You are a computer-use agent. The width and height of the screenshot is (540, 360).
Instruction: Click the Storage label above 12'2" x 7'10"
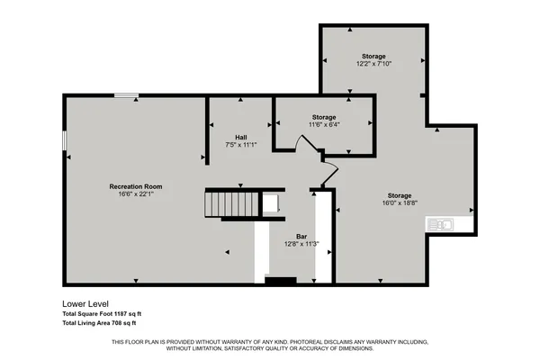tap(373, 57)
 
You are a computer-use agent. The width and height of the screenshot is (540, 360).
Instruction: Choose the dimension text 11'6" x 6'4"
tap(324, 125)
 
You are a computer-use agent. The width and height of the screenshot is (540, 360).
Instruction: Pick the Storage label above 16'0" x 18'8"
tap(400, 195)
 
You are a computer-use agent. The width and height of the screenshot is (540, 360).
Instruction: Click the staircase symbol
tap(232, 203)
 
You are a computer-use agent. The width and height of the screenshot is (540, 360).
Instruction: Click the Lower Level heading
tap(85, 303)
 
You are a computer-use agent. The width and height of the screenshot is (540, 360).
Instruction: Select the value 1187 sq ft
tap(126, 313)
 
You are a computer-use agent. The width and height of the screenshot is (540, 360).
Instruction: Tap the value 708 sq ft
tap(121, 322)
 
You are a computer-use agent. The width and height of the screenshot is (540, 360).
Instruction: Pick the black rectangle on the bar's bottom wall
tap(281, 281)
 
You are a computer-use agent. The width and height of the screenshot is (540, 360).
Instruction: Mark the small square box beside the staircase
tap(270, 203)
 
